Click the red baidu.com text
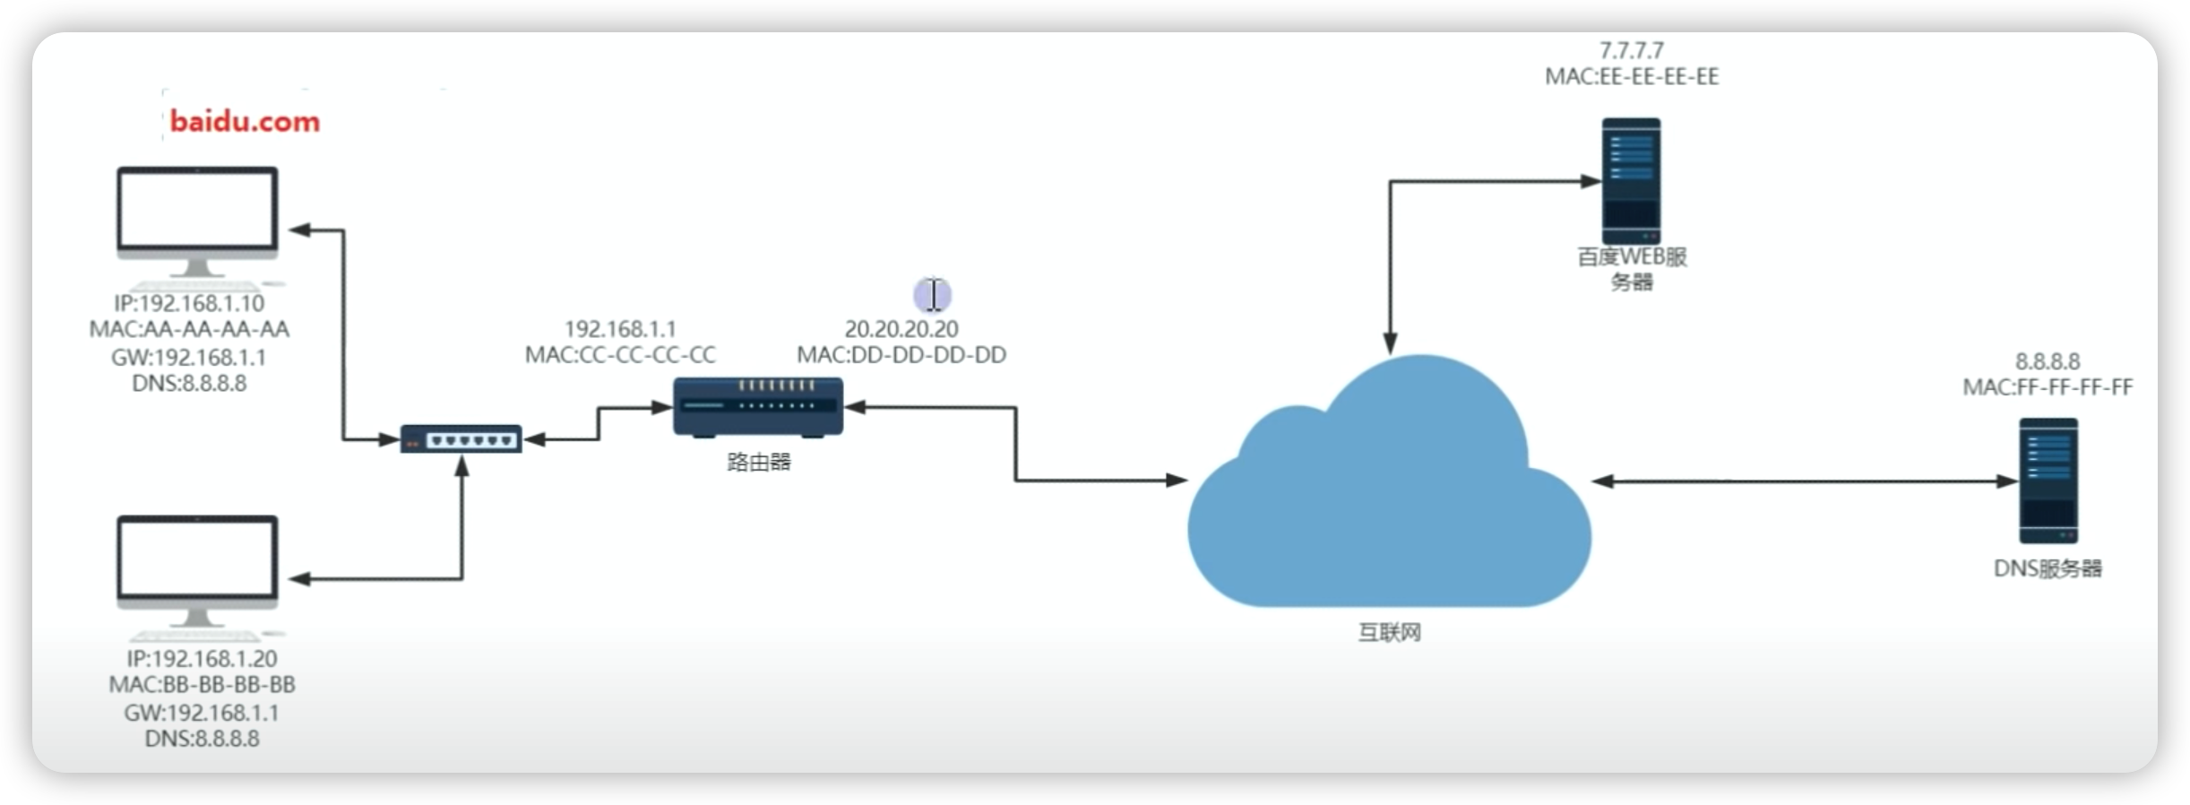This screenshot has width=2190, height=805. pyautogui.click(x=245, y=121)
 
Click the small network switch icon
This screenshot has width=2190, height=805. pyautogui.click(x=461, y=439)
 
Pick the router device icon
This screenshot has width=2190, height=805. pyautogui.click(x=758, y=408)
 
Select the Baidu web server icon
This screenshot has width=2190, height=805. pyautogui.click(x=1631, y=181)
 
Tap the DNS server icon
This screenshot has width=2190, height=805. pyautogui.click(x=2048, y=481)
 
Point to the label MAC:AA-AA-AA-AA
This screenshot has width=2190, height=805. pyautogui.click(x=189, y=330)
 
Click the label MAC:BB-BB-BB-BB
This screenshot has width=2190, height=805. pyautogui.click(x=202, y=685)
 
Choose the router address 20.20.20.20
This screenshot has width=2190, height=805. pyautogui.click(x=901, y=329)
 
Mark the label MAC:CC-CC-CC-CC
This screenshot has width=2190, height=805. pyautogui.click(x=620, y=355)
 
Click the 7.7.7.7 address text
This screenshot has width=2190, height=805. pyautogui.click(x=1632, y=50)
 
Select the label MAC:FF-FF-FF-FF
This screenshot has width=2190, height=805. pyautogui.click(x=2048, y=387)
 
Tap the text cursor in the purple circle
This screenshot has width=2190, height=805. pyautogui.click(x=933, y=294)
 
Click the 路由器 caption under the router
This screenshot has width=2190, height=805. pyautogui.click(x=759, y=462)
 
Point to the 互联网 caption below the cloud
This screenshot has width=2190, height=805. pyautogui.click(x=1390, y=633)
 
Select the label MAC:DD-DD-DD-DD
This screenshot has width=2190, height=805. pyautogui.click(x=901, y=355)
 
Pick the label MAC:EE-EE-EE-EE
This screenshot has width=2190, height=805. pyautogui.click(x=1632, y=77)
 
